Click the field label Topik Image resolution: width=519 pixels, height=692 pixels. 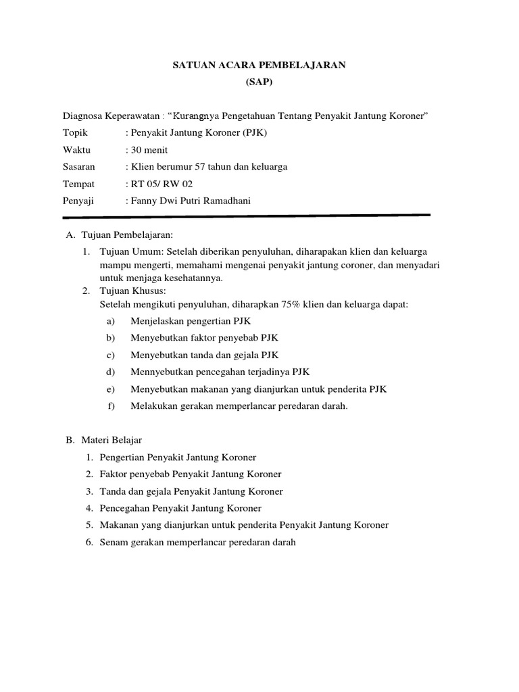75,132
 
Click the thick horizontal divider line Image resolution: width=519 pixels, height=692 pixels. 246,216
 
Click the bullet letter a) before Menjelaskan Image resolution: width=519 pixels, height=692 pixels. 110,321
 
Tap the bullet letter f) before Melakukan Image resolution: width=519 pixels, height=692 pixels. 111,406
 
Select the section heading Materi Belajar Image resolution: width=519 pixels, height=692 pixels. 112,440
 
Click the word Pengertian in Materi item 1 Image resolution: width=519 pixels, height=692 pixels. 121,458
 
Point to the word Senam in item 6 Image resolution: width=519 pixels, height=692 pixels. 112,542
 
